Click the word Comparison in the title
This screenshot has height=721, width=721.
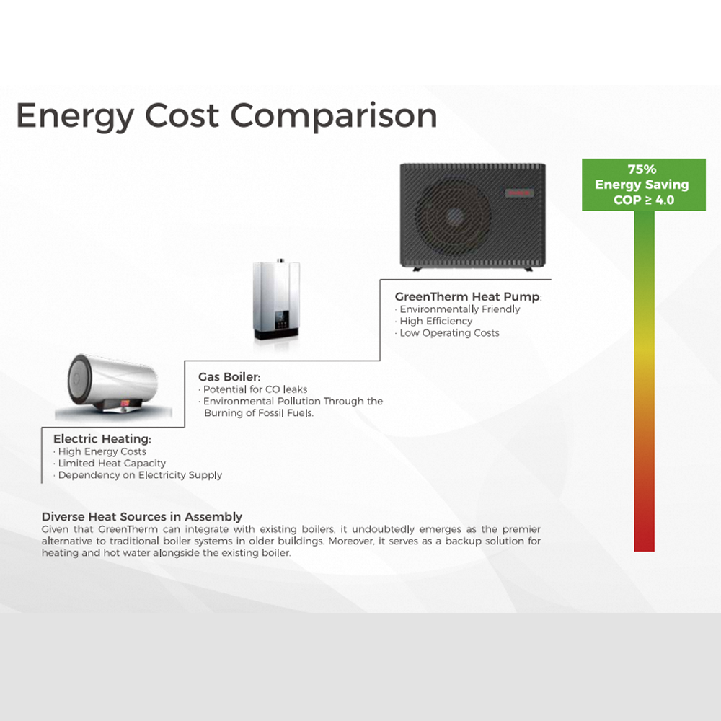tap(333, 116)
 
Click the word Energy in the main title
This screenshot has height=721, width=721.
tap(75, 117)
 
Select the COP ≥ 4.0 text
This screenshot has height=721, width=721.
tap(644, 200)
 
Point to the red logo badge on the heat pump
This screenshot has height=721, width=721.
tap(520, 193)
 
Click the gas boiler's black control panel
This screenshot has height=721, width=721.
tap(282, 319)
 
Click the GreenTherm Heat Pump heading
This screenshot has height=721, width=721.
tap(468, 297)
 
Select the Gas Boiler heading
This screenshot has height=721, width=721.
tap(229, 377)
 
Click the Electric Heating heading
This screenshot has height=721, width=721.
tap(102, 439)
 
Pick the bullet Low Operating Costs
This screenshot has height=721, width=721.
tap(447, 333)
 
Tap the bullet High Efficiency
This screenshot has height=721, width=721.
tap(433, 321)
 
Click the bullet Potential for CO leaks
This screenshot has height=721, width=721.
tap(253, 389)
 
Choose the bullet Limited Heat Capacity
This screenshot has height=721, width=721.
tap(110, 464)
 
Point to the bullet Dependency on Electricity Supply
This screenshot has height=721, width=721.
tap(138, 475)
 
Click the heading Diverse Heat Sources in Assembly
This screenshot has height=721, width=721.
tap(141, 517)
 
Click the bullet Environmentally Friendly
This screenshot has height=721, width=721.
tap(458, 309)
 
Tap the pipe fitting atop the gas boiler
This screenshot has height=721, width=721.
tap(280, 261)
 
